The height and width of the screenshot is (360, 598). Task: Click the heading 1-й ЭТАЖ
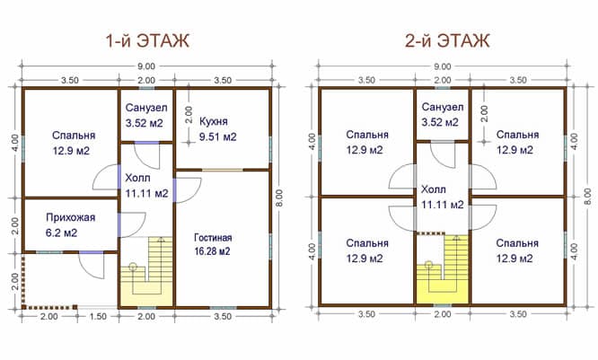pyautogui.click(x=147, y=40)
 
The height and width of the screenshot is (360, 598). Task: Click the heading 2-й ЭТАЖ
pyautogui.click(x=447, y=40)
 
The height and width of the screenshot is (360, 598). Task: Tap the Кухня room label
pyautogui.click(x=214, y=121)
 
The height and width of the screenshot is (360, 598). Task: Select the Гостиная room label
pyautogui.click(x=213, y=238)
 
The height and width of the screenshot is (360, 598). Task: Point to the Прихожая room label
pyautogui.click(x=71, y=218)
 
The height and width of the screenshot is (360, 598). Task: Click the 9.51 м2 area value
pyautogui.click(x=218, y=136)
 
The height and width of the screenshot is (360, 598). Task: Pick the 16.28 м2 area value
pyautogui.click(x=213, y=251)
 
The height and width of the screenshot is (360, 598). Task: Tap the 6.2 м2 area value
pyautogui.click(x=61, y=233)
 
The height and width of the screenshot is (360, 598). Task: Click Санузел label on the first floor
pyautogui.click(x=146, y=108)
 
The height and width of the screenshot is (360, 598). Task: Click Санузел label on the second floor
pyautogui.click(x=443, y=107)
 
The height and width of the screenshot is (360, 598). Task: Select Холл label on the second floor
pyautogui.click(x=434, y=189)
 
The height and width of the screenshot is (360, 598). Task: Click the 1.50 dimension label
pyautogui.click(x=98, y=317)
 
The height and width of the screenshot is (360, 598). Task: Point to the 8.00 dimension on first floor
pyautogui.click(x=279, y=198)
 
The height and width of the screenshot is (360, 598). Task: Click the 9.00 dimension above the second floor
pyautogui.click(x=443, y=66)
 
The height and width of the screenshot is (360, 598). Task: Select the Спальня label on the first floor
pyautogui.click(x=74, y=136)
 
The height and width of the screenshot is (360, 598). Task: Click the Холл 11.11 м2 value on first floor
pyautogui.click(x=147, y=194)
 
